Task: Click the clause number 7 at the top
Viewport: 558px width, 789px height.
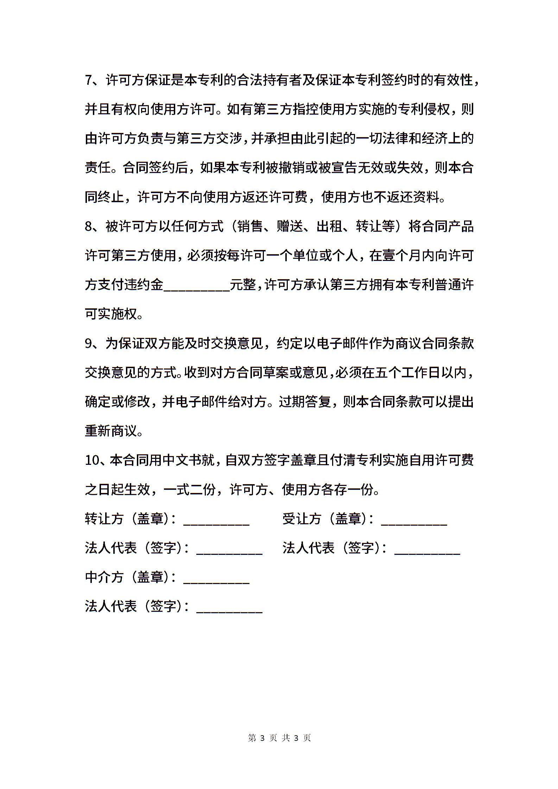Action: point(88,81)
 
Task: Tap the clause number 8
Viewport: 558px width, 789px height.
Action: point(88,226)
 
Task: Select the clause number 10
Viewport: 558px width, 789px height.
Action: point(93,461)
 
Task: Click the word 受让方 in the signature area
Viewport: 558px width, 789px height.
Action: point(302,519)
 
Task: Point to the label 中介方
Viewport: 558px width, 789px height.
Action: point(104,577)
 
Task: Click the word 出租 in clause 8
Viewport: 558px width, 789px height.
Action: point(329,226)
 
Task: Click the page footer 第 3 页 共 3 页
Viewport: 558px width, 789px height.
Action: point(279,738)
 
